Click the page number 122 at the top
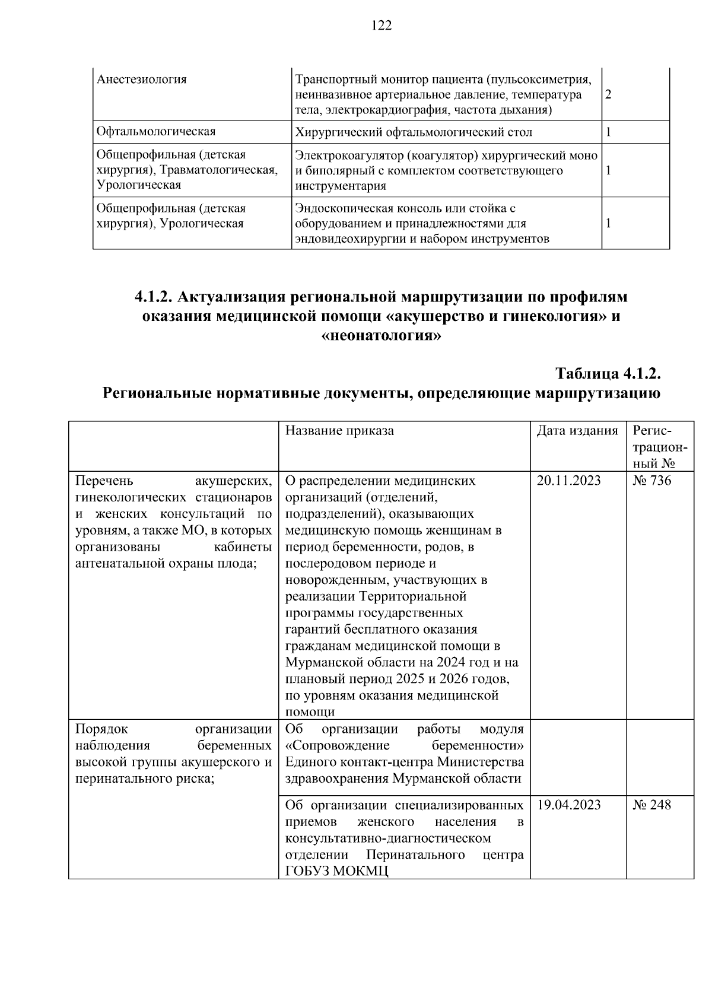click(382, 25)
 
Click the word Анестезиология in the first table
click(141, 79)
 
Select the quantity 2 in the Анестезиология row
click(608, 95)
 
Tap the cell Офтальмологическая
click(156, 132)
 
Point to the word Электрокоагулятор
click(349, 155)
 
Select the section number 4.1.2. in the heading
click(153, 296)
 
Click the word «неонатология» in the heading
click(381, 336)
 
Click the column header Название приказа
click(339, 431)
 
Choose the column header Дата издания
click(577, 431)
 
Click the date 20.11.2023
click(568, 481)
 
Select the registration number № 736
click(651, 481)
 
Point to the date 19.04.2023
click(568, 805)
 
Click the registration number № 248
click(651, 805)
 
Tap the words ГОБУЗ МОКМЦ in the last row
click(336, 871)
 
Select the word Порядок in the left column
click(101, 729)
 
